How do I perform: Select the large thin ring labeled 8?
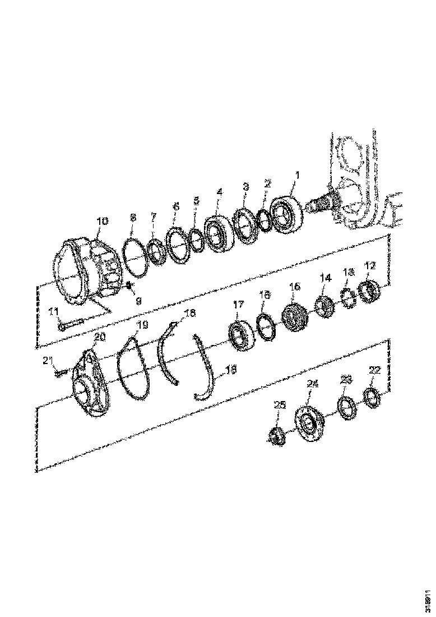pos(133,256)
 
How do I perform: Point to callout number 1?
pos(298,176)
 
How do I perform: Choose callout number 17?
pos(239,305)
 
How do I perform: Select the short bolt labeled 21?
pos(61,370)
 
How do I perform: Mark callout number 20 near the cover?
pos(99,337)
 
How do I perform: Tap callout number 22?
pos(374,370)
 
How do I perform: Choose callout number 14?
pos(326,278)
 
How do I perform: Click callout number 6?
pos(176,207)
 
